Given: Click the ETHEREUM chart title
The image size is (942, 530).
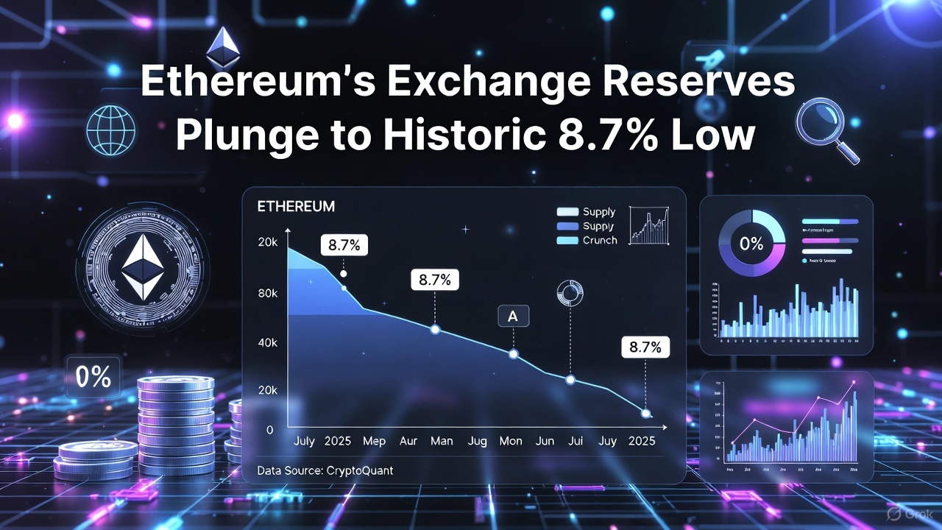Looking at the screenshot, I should point(296,207).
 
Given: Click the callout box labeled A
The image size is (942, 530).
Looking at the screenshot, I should point(513,317).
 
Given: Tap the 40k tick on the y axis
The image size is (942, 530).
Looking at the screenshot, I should point(266,343).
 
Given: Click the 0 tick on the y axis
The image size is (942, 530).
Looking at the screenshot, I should point(270,429).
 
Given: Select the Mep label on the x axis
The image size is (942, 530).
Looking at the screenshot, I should point(374,441).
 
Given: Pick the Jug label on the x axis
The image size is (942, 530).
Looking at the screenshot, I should point(477,441).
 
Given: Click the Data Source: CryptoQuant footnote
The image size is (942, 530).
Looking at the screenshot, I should point(325,470).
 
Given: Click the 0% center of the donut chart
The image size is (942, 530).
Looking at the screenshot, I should point(751,244).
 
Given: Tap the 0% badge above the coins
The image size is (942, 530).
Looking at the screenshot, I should point(93,378).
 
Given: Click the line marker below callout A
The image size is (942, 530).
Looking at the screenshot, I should point(514,354).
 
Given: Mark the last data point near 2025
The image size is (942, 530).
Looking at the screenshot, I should point(646,414).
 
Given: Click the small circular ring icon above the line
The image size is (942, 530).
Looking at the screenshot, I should point(570,292).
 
